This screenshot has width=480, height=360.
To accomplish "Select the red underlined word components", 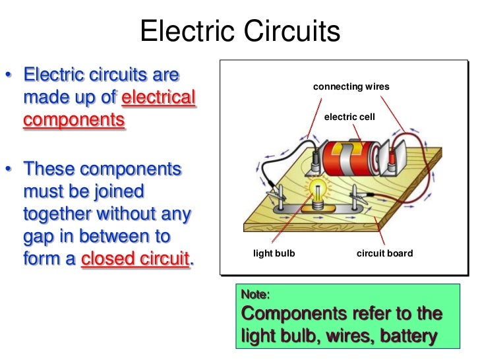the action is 73,121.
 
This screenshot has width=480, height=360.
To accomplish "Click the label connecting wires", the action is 351,86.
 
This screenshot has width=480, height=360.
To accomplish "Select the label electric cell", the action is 349,117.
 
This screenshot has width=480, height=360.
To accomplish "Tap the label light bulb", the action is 274,253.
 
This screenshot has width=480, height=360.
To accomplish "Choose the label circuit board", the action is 384,253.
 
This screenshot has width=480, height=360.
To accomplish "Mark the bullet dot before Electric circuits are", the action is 10,75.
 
